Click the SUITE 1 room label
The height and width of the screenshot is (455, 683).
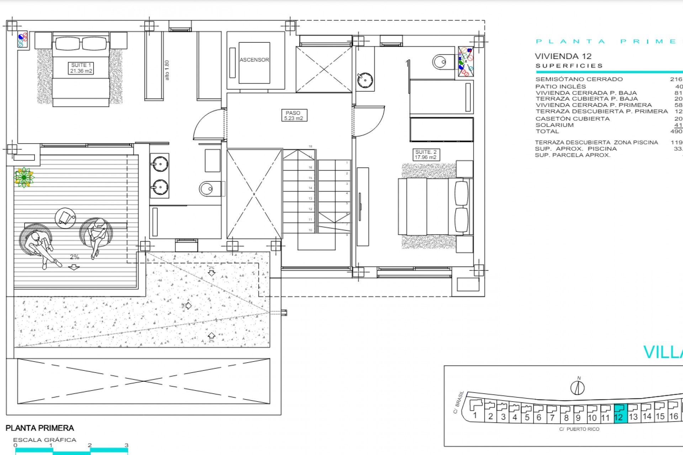[81, 68]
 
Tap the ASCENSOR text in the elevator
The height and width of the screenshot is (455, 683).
[254, 60]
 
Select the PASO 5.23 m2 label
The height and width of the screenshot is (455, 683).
[293, 116]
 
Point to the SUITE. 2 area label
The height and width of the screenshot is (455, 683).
[425, 155]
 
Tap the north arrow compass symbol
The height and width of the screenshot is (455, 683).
[577, 387]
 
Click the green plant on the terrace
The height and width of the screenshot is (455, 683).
[24, 177]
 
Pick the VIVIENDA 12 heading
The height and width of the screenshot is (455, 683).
[563, 56]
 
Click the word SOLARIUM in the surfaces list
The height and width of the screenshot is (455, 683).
[555, 125]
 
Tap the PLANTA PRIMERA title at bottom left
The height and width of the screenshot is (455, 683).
[40, 428]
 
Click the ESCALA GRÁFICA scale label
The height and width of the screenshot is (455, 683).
[45, 440]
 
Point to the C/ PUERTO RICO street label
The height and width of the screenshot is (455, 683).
[579, 429]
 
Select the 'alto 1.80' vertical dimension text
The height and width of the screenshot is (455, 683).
[167, 70]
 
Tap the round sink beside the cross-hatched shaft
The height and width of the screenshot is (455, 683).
[365, 80]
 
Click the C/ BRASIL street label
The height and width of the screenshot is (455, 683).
[459, 402]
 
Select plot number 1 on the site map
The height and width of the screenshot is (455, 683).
[475, 415]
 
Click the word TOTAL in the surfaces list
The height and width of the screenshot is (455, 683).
[547, 132]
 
